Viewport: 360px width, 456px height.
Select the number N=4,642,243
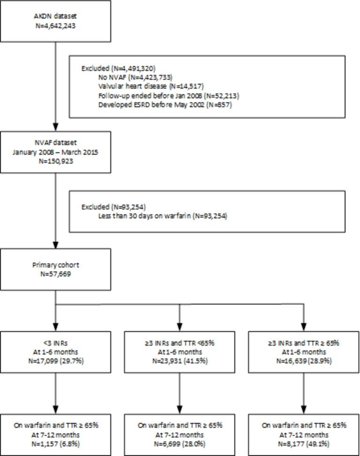point(56,26)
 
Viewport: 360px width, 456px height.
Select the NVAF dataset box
point(56,152)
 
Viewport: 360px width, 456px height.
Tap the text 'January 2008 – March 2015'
point(56,152)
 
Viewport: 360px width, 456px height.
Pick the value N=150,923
point(56,161)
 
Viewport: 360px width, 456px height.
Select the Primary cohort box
point(56,269)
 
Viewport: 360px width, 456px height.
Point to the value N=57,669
point(56,273)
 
